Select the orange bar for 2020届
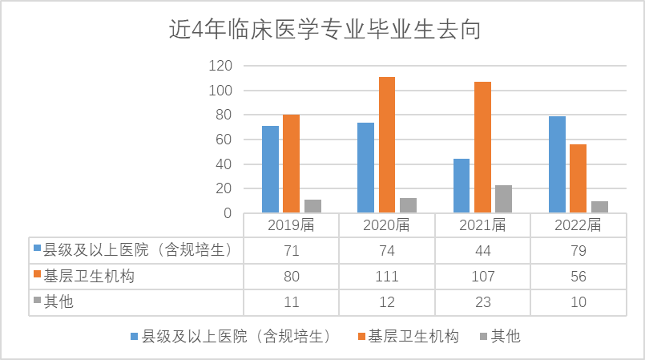(387, 144)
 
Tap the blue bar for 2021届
(462, 186)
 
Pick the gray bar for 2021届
(503, 199)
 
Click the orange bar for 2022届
(578, 179)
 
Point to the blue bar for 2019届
(270, 169)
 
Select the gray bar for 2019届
(312, 206)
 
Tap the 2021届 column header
(482, 225)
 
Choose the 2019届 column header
(291, 225)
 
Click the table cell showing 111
(387, 277)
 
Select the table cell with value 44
(482, 251)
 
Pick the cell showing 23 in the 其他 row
(482, 302)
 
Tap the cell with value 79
(578, 251)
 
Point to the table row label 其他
(61, 302)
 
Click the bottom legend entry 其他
(505, 336)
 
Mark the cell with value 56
(578, 277)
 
